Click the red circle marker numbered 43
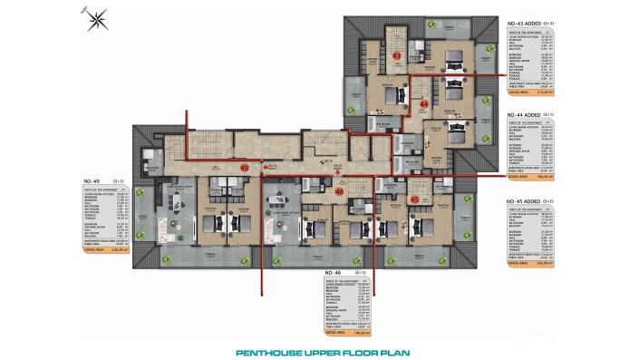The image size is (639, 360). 396,56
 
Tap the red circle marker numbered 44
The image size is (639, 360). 424,104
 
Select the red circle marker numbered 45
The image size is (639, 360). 414,199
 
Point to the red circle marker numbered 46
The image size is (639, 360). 339,192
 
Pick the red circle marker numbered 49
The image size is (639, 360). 244,168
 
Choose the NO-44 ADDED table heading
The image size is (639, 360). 529,115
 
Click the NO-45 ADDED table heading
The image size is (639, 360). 529,200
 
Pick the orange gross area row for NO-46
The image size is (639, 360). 349,334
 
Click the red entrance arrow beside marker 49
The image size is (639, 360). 261,168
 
